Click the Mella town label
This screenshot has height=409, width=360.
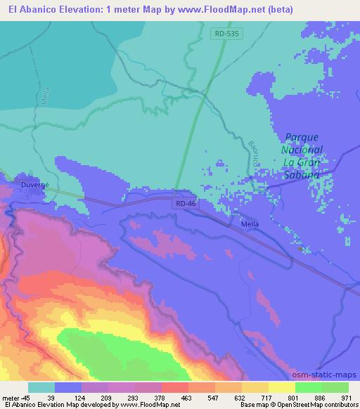click(x=250, y=224)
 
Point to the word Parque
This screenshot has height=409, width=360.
click(x=302, y=137)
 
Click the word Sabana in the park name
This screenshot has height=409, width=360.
click(x=302, y=175)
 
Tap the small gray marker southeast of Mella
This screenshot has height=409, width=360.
click(x=300, y=248)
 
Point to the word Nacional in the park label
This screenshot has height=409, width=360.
click(x=302, y=150)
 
